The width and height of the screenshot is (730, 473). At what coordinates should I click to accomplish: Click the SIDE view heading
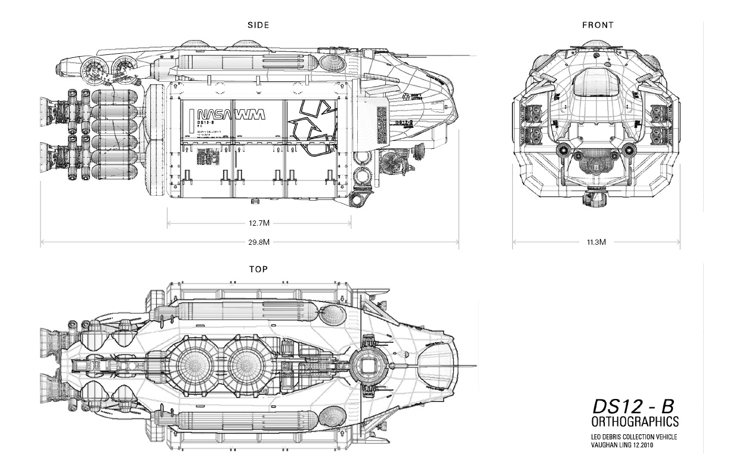pos(258,25)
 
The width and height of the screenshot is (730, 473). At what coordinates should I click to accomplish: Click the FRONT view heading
pos(597,25)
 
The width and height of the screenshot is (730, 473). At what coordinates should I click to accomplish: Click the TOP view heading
pos(258,270)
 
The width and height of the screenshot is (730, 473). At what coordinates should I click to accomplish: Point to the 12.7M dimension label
pos(259,223)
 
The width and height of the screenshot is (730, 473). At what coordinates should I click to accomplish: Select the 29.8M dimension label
pos(259,242)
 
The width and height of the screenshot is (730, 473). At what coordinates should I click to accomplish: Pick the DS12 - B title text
pos(633,406)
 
